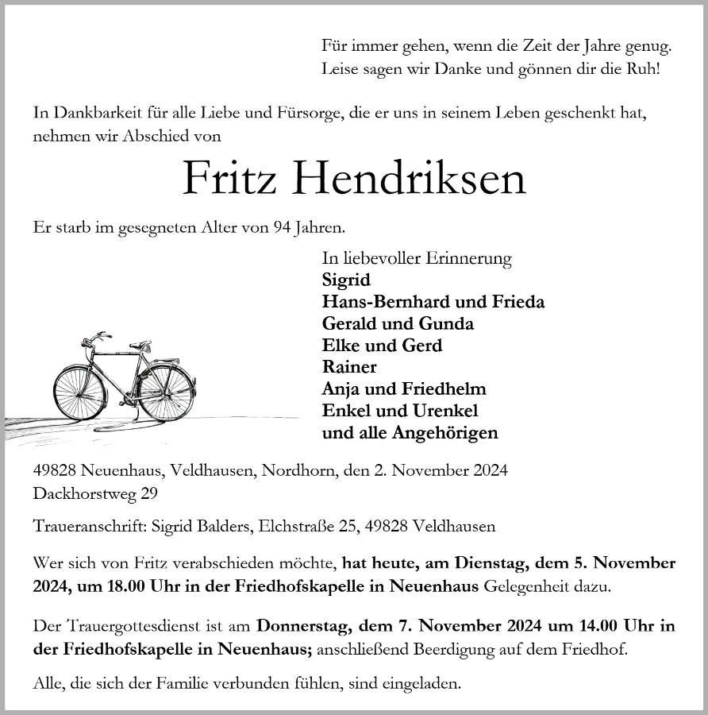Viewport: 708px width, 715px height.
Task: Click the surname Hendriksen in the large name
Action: point(410,180)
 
